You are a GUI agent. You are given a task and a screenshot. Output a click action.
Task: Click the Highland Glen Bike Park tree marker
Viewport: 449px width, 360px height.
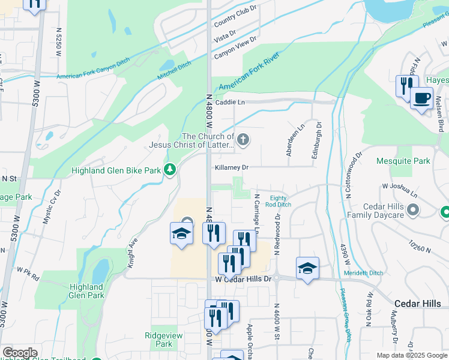point(170,170)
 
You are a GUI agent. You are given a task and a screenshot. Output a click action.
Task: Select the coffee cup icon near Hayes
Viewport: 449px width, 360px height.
point(421,98)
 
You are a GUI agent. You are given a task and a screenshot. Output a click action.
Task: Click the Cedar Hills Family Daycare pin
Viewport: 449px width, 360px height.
point(412,210)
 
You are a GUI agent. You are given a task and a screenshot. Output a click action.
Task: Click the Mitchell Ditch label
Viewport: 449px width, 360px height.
point(174,70)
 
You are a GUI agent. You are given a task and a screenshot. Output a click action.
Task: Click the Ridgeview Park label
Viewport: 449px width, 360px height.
point(159,340)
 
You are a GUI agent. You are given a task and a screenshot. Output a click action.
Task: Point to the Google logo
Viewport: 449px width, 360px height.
point(19,353)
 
